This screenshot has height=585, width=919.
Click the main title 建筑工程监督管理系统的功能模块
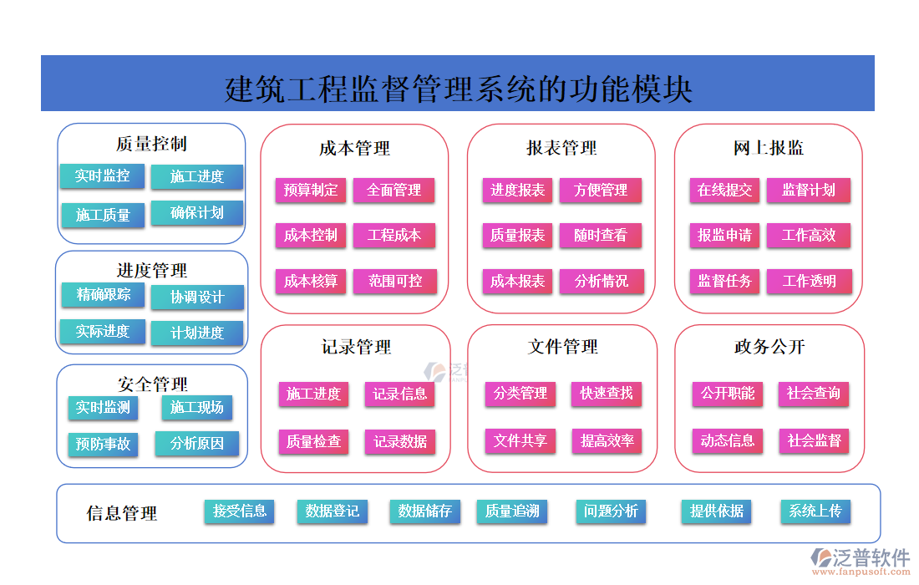point(458,88)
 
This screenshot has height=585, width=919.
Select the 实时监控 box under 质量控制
point(102,176)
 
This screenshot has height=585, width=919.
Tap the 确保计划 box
point(197,213)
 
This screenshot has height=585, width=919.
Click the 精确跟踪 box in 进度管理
point(103,295)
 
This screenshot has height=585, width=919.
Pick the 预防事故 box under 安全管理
point(103,444)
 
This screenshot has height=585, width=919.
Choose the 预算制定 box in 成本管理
point(310,190)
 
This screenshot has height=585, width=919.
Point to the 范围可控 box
point(395,281)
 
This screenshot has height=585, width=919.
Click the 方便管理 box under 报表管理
point(601,190)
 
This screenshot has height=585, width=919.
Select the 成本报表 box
point(517,281)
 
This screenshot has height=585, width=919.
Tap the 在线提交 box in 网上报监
point(724,190)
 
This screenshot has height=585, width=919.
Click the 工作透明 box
point(809,281)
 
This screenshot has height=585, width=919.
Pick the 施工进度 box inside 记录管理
point(313,394)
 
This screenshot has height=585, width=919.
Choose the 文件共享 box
point(520,440)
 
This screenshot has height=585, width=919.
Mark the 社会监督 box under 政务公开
point(814,440)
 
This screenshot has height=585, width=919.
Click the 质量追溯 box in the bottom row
point(511,511)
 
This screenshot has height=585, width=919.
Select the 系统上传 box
point(815,511)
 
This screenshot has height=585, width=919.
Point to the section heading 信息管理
point(122,513)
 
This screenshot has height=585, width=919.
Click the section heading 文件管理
point(563,346)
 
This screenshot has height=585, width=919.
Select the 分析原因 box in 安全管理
point(197,444)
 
